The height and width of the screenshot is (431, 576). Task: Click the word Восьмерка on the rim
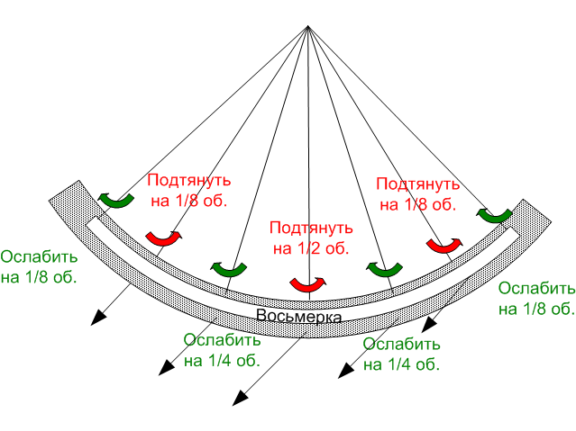tap(298, 316)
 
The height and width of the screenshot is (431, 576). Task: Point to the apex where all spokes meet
tap(308, 26)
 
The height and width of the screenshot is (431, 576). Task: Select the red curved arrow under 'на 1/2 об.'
tap(308, 284)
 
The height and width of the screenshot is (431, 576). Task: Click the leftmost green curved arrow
tap(116, 201)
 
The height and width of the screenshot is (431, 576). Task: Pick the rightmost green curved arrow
tap(495, 216)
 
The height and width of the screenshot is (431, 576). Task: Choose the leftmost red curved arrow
tap(164, 239)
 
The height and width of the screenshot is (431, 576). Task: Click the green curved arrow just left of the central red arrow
tap(228, 270)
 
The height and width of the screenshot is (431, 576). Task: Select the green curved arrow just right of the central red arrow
tap(384, 270)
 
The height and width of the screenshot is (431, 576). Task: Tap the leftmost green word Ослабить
tap(39, 256)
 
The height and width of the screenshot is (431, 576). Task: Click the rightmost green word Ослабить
tap(536, 288)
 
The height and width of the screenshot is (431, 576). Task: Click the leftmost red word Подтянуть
tap(189, 181)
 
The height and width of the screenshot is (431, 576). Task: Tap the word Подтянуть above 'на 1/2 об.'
tap(311, 229)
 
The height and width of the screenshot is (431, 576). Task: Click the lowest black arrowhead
tap(240, 399)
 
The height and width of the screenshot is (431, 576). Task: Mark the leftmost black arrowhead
tap(98, 318)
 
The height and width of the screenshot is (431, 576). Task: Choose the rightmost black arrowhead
tap(429, 325)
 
